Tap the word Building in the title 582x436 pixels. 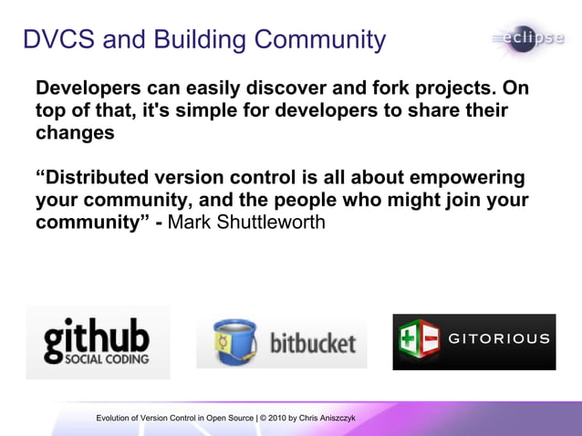click(x=199, y=40)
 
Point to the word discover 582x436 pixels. click(x=288, y=89)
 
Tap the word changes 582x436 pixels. click(x=75, y=132)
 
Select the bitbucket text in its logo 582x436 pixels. click(x=313, y=344)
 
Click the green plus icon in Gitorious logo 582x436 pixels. click(x=410, y=341)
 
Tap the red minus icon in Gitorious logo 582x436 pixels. click(x=431, y=341)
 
